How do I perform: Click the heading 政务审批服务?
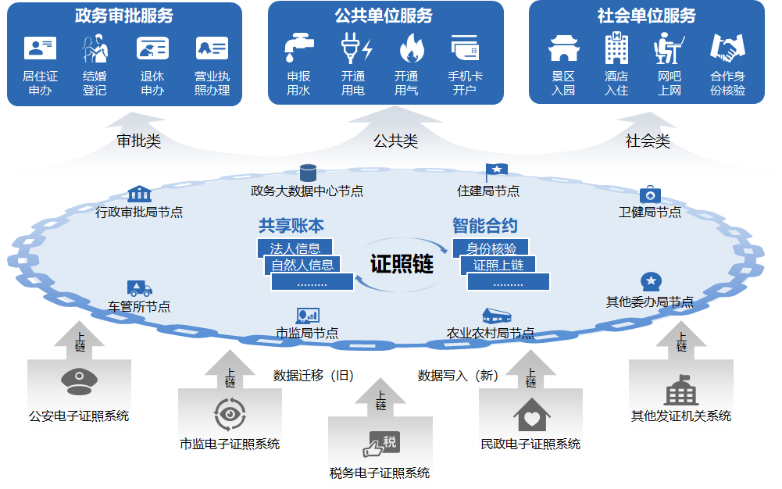click(124, 16)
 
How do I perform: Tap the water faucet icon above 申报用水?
click(298, 48)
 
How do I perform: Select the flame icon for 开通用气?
click(407, 48)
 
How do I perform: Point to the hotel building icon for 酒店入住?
click(616, 48)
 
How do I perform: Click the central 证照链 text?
click(402, 263)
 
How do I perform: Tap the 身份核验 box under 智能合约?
click(491, 248)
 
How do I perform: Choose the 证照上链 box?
click(498, 264)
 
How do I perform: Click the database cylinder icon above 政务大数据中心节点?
click(308, 173)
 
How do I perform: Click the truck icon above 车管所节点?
click(139, 288)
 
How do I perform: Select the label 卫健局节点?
click(650, 212)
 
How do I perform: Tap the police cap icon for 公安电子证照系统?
click(79, 382)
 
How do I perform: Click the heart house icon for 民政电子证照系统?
click(531, 415)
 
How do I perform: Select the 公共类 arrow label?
click(395, 141)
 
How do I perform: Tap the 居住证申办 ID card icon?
click(40, 48)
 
